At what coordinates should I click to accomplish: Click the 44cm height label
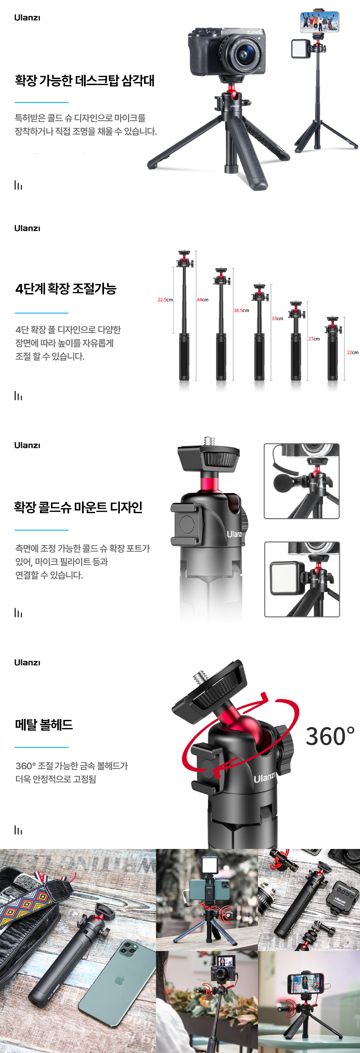[202, 300]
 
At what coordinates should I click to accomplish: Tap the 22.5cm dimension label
[165, 300]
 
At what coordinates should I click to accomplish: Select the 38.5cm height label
[241, 310]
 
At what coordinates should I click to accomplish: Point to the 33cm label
[277, 318]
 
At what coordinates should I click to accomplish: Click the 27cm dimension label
[314, 339]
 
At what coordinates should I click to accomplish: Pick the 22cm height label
[352, 352]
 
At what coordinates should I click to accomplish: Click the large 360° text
[330, 737]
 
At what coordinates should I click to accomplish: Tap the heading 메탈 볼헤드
[44, 725]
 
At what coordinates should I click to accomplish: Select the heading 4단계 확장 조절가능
[66, 289]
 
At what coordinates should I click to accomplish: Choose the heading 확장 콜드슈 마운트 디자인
[78, 507]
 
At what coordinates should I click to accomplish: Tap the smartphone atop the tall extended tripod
[320, 22]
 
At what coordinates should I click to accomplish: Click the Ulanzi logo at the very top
[27, 18]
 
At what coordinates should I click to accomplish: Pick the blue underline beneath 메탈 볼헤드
[42, 747]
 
